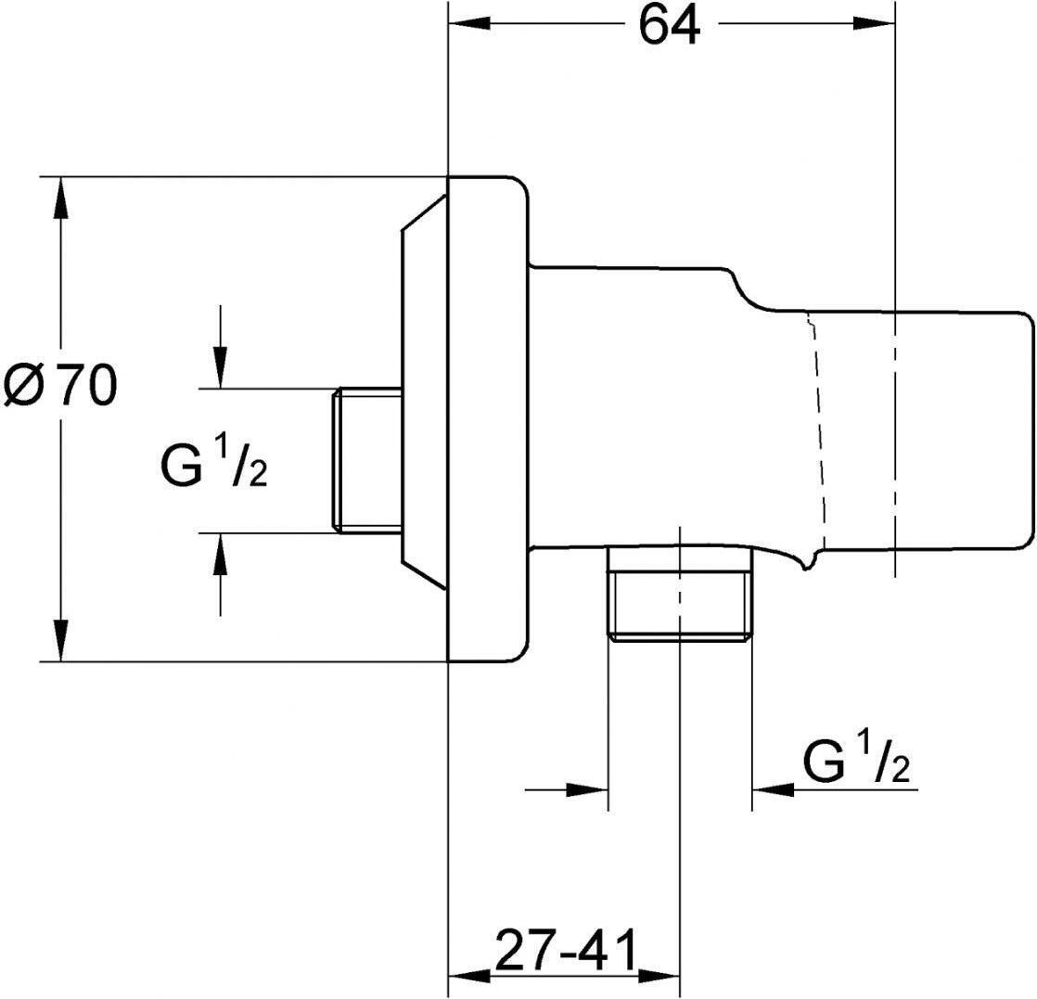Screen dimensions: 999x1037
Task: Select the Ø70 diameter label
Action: click(59, 385)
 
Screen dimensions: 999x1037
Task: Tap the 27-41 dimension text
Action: click(566, 952)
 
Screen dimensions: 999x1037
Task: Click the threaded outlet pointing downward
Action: click(678, 594)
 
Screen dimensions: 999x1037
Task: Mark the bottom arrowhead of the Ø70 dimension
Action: click(61, 641)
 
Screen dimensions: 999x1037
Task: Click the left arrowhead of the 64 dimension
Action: click(469, 25)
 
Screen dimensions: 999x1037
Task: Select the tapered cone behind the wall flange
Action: click(423, 395)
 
